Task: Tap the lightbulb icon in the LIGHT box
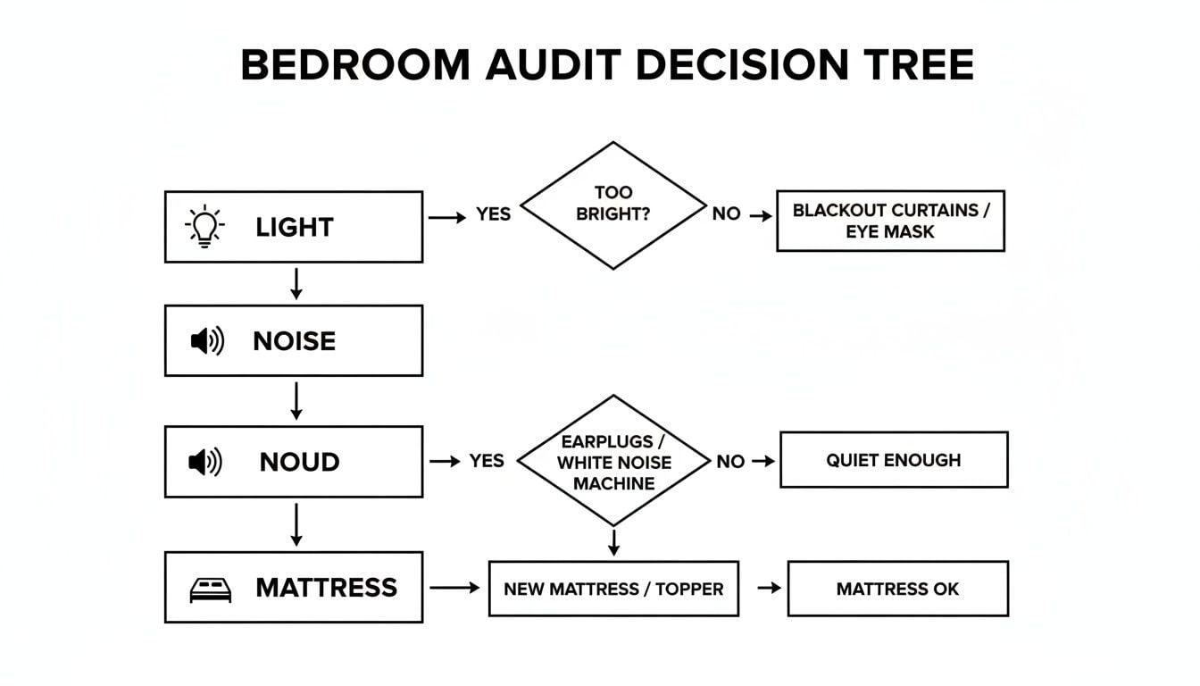[205, 226]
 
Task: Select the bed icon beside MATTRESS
[211, 590]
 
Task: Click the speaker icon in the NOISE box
[207, 340]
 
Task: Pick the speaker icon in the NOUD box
[205, 462]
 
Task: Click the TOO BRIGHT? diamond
[612, 205]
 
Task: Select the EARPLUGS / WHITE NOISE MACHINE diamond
[613, 462]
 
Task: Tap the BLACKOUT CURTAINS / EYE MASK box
[889, 221]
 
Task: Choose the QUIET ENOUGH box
[893, 460]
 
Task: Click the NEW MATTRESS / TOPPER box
[613, 589]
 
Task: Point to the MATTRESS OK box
[897, 589]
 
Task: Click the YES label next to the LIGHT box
[493, 214]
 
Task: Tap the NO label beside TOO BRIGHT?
[726, 214]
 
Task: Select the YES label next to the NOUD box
[487, 461]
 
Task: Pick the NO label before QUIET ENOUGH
[729, 461]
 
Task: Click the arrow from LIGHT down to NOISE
[296, 283]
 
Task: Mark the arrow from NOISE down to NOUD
[296, 401]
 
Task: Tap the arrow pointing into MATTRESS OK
[768, 588]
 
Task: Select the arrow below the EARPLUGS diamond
[613, 541]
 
